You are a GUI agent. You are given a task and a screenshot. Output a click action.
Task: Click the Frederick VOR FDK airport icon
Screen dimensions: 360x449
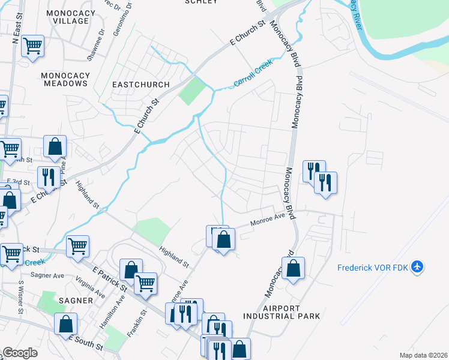click(418, 267)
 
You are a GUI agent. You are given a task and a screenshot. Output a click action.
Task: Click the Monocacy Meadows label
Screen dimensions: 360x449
click(65, 79)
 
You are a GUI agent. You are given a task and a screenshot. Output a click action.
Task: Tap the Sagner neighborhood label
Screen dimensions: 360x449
click(76, 299)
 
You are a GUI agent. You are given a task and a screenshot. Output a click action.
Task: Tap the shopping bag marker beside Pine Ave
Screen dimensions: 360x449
click(55, 146)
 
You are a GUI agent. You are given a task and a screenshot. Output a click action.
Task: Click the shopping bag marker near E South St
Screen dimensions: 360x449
click(65, 324)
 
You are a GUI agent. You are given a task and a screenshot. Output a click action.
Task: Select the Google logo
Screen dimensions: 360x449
click(20, 353)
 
